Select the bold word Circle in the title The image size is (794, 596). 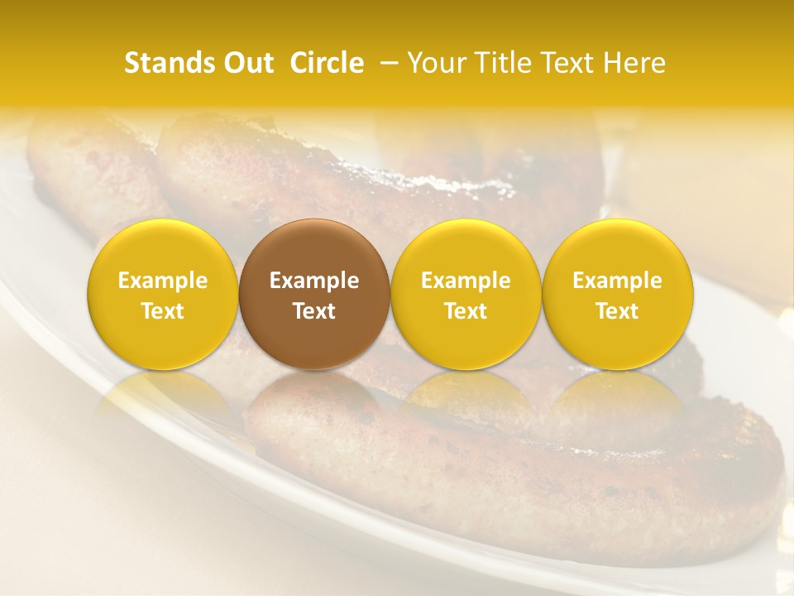tap(327, 63)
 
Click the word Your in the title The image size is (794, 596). tap(435, 63)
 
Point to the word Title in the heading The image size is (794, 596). tap(495, 63)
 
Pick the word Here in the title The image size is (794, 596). tap(634, 63)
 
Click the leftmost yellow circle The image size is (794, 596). tap(162, 294)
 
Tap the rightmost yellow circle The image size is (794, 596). tap(617, 294)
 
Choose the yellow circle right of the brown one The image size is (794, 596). tap(466, 294)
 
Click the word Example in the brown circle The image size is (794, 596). tap(314, 281)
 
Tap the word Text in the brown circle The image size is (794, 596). tap(314, 311)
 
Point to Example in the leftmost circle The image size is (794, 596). tap(162, 281)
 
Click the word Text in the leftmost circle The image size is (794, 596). tap(162, 311)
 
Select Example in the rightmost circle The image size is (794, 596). tap(617, 281)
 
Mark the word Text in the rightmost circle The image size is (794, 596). tap(617, 311)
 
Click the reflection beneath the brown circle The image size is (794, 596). tap(314, 397)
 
